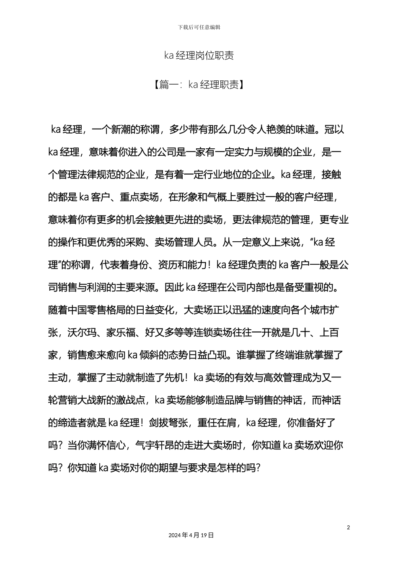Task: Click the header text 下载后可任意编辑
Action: [199, 27]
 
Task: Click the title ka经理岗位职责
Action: [199, 56]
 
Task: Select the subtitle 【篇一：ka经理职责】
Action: [199, 85]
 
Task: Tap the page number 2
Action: [348, 527]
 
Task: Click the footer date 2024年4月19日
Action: [191, 535]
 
